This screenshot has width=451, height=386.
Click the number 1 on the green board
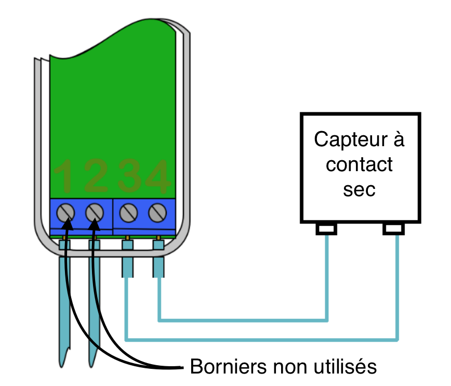(65, 176)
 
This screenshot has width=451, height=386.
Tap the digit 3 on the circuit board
(128, 176)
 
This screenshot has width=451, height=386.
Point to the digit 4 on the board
(156, 176)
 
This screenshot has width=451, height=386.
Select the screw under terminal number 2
(94, 212)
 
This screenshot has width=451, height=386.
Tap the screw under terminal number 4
(157, 212)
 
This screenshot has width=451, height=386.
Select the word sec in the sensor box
(359, 189)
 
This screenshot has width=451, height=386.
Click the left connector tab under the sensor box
(327, 228)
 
